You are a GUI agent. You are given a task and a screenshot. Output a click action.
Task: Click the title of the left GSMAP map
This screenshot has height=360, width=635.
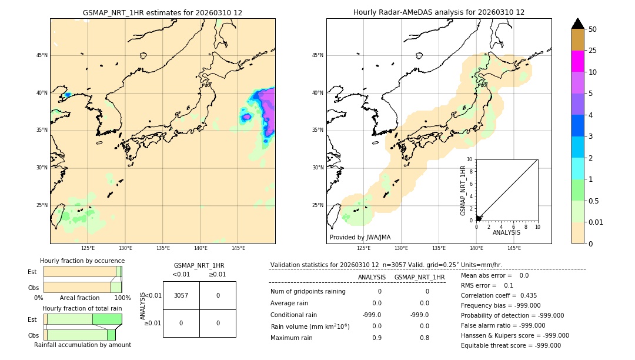click(162, 12)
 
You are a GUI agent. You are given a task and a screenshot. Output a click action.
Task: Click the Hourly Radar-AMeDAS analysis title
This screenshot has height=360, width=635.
click(439, 12)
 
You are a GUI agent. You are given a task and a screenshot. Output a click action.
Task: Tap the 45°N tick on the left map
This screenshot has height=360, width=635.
click(42, 55)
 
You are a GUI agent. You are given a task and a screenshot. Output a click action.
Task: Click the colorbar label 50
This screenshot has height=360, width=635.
click(593, 29)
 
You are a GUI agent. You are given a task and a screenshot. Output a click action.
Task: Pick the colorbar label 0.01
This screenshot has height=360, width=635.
click(596, 222)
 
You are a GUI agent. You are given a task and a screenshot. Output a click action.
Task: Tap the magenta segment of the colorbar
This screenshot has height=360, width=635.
click(577, 61)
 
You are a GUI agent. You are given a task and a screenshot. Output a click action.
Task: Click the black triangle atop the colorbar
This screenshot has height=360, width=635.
click(577, 24)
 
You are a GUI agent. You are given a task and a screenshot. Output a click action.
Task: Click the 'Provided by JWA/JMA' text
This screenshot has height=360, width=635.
click(360, 237)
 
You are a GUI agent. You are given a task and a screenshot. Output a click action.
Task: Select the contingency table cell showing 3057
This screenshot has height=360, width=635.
click(181, 295)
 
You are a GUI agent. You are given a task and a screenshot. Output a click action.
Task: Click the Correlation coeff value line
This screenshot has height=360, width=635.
click(499, 295)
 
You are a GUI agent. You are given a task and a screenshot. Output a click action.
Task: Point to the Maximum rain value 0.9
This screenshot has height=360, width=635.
click(376, 338)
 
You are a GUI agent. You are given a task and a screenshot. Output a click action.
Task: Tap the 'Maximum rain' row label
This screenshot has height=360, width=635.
click(292, 338)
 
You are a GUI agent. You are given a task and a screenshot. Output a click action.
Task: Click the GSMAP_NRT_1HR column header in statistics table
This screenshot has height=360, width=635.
click(419, 277)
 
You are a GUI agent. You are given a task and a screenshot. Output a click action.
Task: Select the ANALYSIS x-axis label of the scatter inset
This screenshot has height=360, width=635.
click(506, 232)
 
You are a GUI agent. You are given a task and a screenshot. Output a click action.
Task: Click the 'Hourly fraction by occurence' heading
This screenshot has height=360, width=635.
click(82, 261)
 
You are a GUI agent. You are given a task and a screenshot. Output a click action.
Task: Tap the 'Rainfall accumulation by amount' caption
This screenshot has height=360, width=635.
click(82, 345)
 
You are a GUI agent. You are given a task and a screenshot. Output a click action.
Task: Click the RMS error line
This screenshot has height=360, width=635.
click(487, 285)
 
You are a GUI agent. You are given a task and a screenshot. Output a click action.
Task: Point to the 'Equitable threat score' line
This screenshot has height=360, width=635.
click(511, 345)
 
